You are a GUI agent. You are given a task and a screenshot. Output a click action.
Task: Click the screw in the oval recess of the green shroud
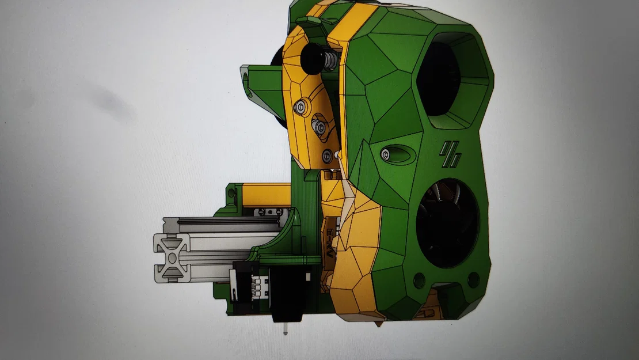(385, 153)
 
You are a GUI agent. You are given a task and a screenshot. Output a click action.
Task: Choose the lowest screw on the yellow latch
(328, 154)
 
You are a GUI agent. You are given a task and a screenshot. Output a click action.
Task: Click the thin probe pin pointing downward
(285, 329)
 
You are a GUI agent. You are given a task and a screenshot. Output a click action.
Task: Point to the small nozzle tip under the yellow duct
(378, 325)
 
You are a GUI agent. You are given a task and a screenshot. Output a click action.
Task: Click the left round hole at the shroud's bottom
(419, 281)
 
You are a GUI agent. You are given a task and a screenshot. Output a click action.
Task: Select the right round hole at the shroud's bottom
(473, 280)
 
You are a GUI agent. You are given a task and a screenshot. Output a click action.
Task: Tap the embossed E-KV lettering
(330, 242)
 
